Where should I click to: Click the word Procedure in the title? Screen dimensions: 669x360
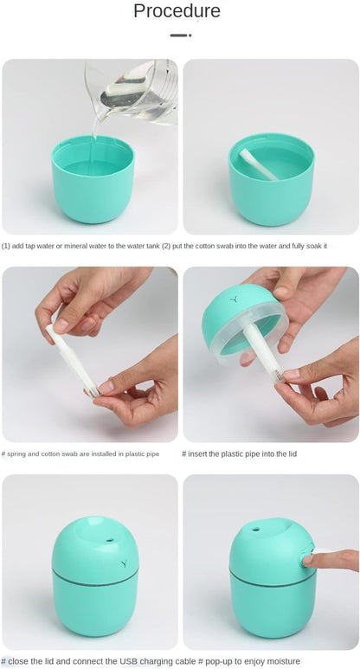pos(177,11)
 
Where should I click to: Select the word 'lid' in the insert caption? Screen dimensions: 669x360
pos(292,454)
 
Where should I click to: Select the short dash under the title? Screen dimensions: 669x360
pos(177,35)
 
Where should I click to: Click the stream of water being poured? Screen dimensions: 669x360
pos(96,121)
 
